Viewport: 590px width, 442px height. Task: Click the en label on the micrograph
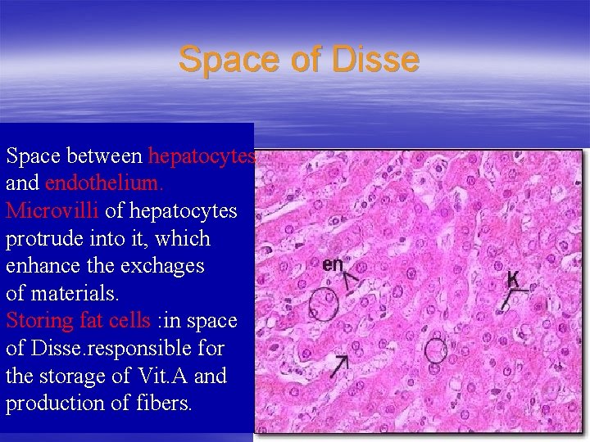[x=333, y=264]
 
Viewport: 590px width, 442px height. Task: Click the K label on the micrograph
[x=512, y=279]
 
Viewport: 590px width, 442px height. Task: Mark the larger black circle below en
[x=324, y=304]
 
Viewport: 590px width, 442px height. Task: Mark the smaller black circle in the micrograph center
[x=435, y=352]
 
